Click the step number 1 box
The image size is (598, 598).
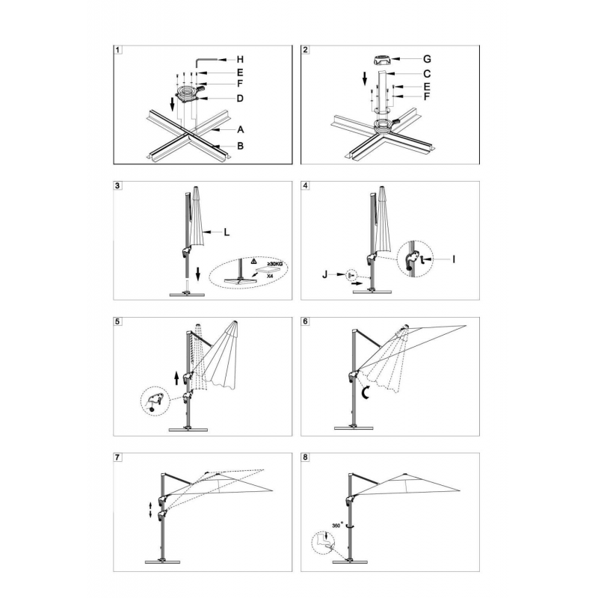tap(118, 50)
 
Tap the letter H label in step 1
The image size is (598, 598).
tap(240, 60)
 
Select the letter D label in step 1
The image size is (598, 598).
tap(240, 99)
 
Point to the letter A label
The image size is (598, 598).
tap(240, 129)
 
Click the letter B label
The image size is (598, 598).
tap(240, 146)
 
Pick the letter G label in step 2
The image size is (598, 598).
tap(427, 59)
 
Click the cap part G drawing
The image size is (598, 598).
tap(382, 61)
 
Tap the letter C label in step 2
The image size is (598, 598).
tap(427, 73)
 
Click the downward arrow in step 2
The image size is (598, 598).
tap(365, 79)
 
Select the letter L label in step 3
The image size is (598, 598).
tap(226, 232)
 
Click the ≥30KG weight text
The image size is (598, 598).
tap(274, 263)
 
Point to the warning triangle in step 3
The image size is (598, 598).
tap(254, 262)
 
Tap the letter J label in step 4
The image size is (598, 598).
tap(325, 274)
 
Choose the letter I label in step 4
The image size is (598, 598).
tap(454, 259)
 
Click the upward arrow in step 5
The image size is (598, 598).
tap(176, 378)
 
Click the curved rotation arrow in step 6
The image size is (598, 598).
tap(366, 392)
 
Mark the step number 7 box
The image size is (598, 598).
tap(118, 457)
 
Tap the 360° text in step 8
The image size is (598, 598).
tap(337, 525)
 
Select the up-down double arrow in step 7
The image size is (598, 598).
tap(150, 511)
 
